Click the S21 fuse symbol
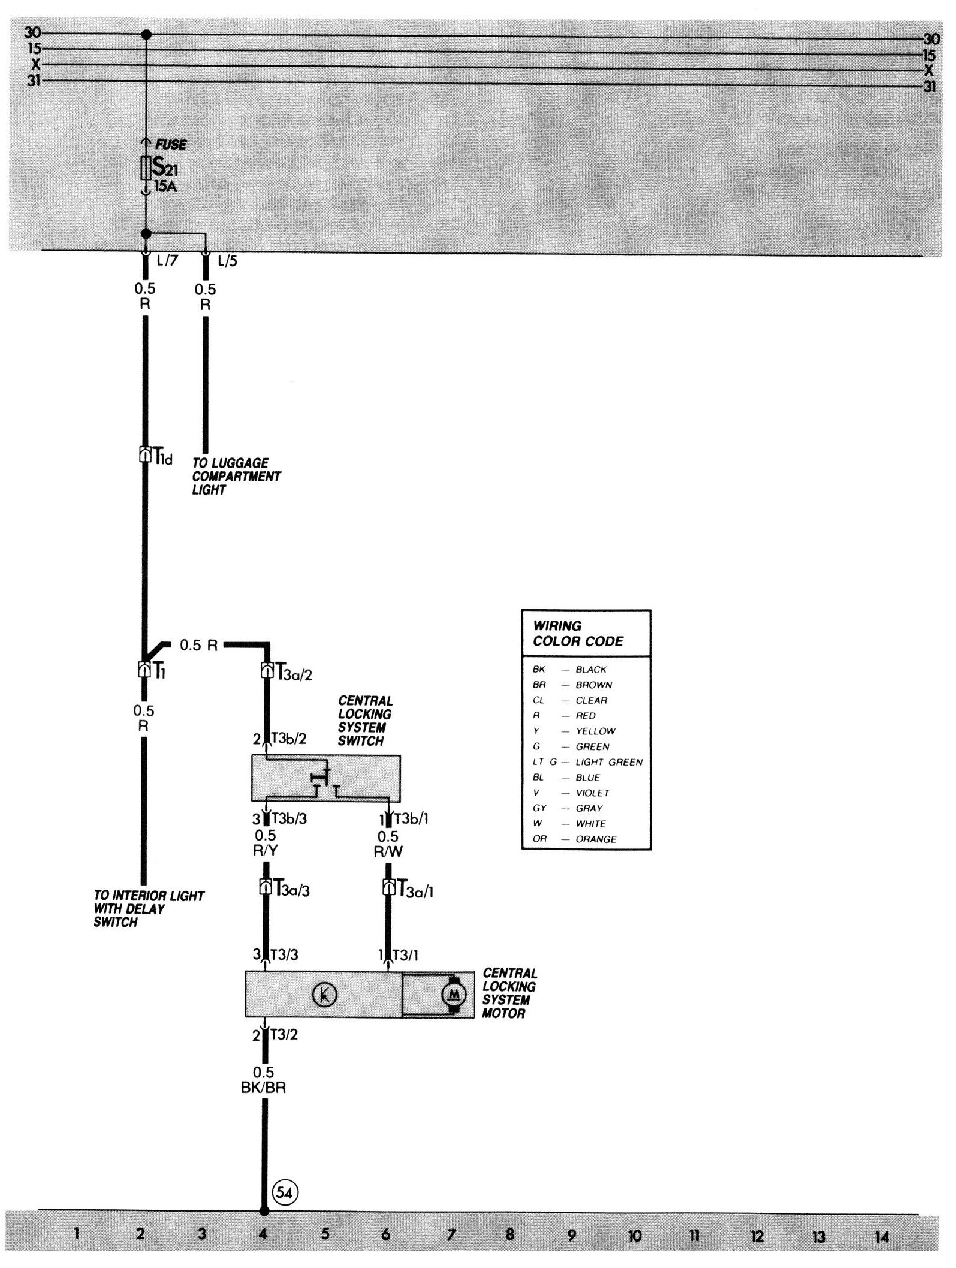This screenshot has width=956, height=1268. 145,168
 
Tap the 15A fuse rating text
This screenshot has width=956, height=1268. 165,186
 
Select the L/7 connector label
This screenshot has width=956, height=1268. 167,261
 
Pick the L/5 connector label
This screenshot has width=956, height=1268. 227,261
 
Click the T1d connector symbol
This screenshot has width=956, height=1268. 144,455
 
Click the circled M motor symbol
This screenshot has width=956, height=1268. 453,995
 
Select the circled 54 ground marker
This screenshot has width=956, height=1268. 285,1192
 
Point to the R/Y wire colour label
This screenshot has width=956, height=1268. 266,851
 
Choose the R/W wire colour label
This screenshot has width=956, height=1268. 388,851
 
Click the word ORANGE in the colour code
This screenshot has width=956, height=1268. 596,839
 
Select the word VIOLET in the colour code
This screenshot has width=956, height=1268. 592,793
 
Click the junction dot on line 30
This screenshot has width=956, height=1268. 146,35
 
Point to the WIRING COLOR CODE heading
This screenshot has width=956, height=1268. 578,634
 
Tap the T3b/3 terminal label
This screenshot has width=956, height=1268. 289,818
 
